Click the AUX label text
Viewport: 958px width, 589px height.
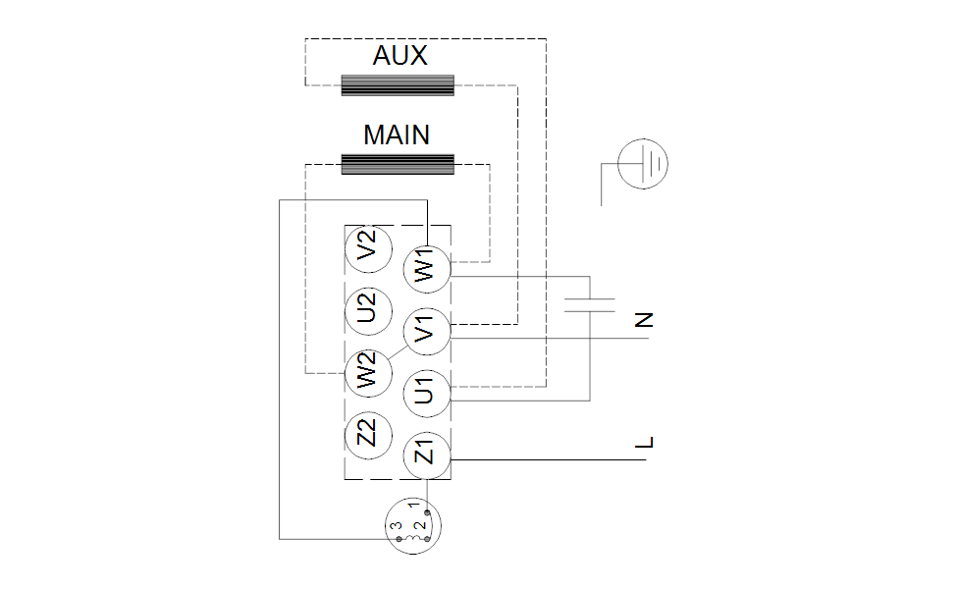click(400, 56)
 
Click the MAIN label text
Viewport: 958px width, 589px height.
click(397, 134)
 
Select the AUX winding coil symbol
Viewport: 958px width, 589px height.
click(398, 85)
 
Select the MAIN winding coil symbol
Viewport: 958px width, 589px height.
click(398, 164)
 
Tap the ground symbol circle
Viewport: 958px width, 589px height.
click(644, 162)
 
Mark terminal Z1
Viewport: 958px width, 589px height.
click(426, 455)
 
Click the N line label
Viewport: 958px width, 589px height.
click(644, 320)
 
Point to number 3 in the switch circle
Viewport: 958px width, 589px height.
click(397, 528)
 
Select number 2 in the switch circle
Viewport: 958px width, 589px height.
click(419, 528)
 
